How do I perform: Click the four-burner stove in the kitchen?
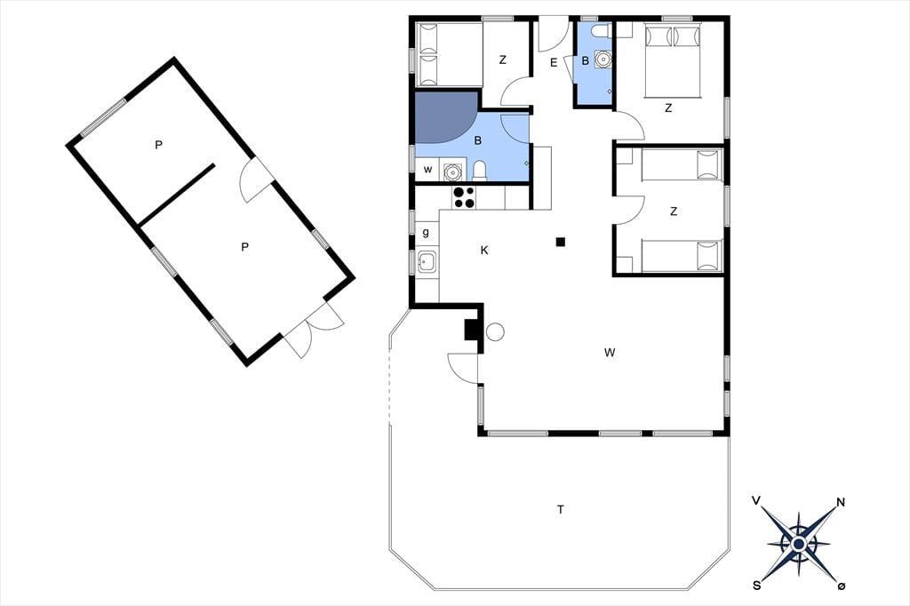[463, 197]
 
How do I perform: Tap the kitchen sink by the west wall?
[427, 262]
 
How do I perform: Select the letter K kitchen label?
[484, 251]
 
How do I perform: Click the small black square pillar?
[560, 242]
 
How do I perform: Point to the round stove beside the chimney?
[495, 332]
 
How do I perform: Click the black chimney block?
[471, 330]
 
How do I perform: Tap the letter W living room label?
[610, 353]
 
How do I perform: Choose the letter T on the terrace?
[561, 510]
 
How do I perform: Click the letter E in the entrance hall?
[554, 63]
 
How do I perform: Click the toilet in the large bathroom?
[480, 170]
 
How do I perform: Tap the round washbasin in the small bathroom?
[603, 60]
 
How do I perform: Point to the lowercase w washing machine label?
[427, 170]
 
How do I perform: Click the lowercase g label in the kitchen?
[426, 233]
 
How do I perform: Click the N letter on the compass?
[840, 502]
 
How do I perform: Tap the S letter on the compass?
[757, 586]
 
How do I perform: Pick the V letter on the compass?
[755, 500]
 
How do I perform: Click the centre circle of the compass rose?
[799, 544]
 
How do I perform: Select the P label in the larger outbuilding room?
[245, 247]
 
